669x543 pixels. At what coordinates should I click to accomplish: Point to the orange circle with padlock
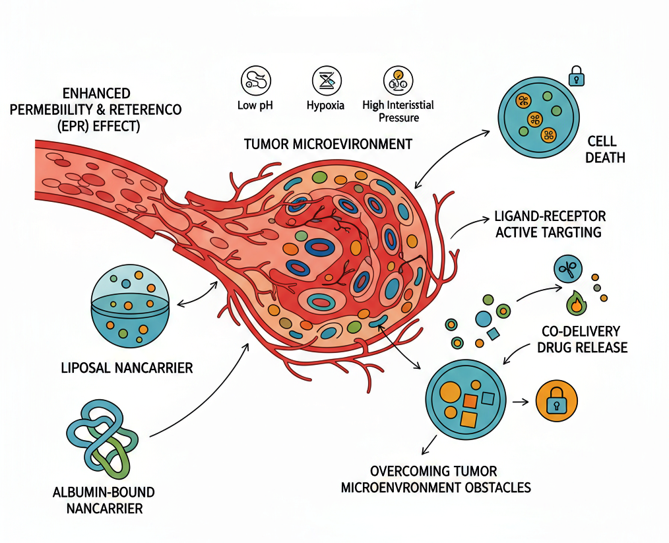(557, 401)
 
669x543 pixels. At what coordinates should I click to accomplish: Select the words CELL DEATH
(602, 150)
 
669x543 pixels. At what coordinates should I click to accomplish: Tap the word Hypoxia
(325, 106)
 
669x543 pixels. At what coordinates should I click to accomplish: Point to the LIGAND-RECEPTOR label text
(550, 216)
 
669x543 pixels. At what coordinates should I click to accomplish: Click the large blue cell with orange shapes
(466, 400)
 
